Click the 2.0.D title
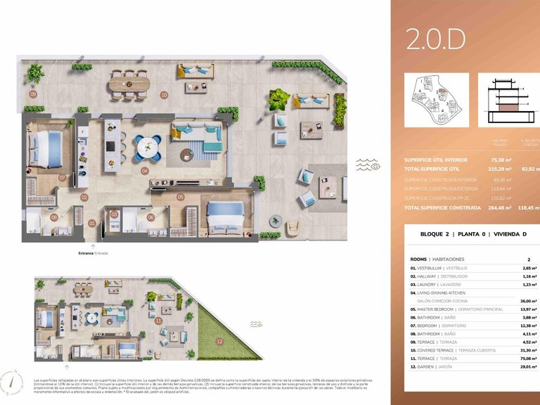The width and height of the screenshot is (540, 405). tap(435, 40)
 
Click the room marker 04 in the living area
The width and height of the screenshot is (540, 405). tap(144, 170)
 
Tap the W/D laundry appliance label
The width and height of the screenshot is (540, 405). tap(114, 226)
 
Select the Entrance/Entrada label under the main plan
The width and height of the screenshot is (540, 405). tap(93, 252)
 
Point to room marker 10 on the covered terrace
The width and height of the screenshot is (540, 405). tap(164, 94)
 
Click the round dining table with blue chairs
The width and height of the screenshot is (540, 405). tap(148, 147)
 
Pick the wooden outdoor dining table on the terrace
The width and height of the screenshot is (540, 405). tap(129, 83)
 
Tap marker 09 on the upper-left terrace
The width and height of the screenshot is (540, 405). tap(32, 94)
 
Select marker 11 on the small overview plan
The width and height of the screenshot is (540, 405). tap(159, 321)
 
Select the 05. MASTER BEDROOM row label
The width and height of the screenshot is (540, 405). tap(446, 309)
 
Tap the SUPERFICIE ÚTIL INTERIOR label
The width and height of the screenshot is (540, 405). tap(436, 160)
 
